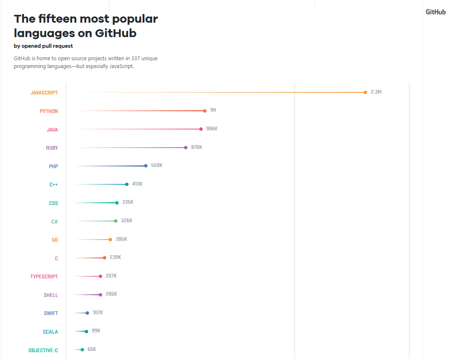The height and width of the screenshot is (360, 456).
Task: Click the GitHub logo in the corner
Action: tap(435, 12)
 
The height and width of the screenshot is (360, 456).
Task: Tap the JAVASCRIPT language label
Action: tap(44, 93)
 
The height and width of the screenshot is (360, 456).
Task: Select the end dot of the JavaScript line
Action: tap(365, 92)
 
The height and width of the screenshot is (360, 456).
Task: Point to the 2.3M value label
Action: tap(376, 92)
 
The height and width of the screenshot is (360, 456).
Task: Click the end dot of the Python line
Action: tap(205, 111)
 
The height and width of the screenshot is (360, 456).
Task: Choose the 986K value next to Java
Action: tap(212, 129)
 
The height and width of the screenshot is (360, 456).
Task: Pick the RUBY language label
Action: tap(52, 148)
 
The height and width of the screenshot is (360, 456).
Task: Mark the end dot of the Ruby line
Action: tap(186, 148)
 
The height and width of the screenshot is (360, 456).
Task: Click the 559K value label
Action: tap(157, 165)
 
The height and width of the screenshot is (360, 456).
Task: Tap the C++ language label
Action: tap(54, 185)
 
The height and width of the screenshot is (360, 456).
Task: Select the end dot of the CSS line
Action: tap(117, 203)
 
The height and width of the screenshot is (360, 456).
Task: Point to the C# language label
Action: tap(54, 221)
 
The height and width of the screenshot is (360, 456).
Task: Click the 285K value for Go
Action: tap(121, 239)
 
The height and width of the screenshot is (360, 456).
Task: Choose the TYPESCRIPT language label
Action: tap(44, 277)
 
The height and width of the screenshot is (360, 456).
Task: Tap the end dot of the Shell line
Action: tap(101, 295)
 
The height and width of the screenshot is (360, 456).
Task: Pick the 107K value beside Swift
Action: tap(98, 313)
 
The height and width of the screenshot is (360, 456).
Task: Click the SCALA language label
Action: tap(50, 332)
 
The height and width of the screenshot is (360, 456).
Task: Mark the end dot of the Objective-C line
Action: tap(82, 350)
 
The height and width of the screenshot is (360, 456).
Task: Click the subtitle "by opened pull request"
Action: tap(43, 46)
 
